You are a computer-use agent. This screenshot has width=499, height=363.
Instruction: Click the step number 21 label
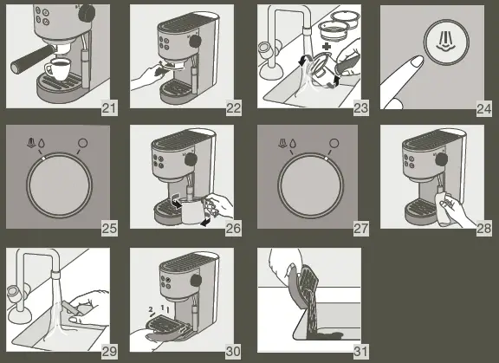click(x=109, y=108)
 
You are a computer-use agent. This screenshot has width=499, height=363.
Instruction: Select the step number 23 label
click(x=361, y=108)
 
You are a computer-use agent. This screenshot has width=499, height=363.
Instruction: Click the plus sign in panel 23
click(x=327, y=47)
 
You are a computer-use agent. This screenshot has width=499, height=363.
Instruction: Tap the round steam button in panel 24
click(x=446, y=42)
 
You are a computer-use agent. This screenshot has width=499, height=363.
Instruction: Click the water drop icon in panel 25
click(x=41, y=143)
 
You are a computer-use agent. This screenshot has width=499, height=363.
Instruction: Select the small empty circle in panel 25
click(x=82, y=143)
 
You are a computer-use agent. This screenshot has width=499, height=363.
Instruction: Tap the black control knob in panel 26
click(x=191, y=159)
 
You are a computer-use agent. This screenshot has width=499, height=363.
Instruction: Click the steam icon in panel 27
click(x=282, y=144)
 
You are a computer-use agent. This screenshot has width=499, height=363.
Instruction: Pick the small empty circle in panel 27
click(x=334, y=143)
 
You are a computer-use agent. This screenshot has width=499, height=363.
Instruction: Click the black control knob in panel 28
click(x=442, y=159)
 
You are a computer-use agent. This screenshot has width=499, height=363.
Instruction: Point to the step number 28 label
click(x=483, y=229)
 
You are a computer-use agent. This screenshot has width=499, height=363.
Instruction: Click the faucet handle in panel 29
click(x=13, y=291)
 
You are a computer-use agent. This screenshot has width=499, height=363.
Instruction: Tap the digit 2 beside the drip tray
click(x=151, y=309)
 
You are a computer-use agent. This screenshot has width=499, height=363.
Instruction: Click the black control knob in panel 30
click(x=196, y=281)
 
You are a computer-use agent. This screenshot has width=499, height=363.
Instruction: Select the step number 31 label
click(x=361, y=352)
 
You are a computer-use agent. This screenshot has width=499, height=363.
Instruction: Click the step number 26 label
click(x=233, y=229)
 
